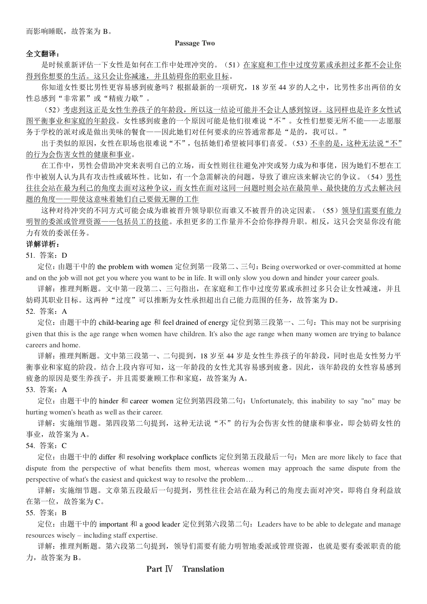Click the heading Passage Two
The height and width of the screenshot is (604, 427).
195,43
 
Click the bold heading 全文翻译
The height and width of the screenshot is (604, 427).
43,54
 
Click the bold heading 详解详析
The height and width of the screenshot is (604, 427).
43,244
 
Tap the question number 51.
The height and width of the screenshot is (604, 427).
30,255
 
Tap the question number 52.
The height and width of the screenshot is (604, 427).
30,311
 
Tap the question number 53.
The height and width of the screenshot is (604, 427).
30,390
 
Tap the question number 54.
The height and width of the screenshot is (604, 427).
30,446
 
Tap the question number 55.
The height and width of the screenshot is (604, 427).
30,513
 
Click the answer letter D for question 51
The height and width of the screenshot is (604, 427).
65,255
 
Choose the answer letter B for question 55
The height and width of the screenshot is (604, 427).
64,513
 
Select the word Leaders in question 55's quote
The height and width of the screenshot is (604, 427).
268,524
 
